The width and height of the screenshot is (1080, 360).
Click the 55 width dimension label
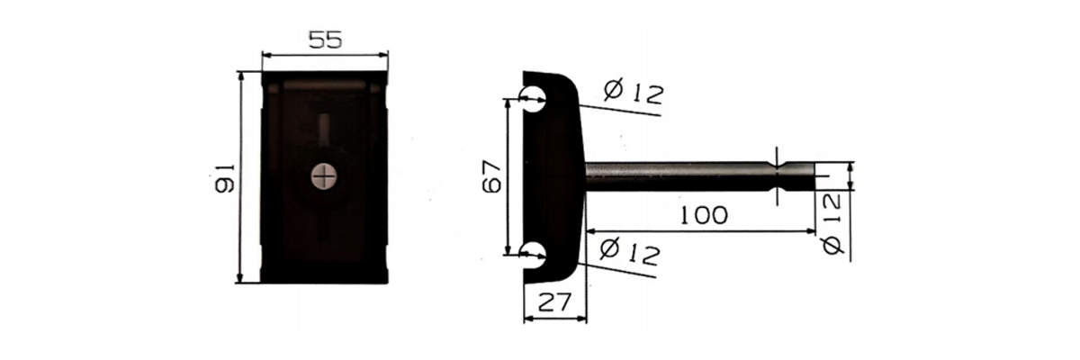(326, 40)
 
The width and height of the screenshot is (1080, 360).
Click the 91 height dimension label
(225, 178)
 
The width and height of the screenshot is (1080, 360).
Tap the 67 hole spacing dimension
(492, 177)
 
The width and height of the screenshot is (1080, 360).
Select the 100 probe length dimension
(704, 215)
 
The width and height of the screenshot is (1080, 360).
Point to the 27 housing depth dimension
(554, 302)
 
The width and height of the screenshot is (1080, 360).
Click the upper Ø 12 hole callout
(634, 92)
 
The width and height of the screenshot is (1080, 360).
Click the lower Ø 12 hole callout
(629, 253)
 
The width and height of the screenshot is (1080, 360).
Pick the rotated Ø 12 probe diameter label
(832, 223)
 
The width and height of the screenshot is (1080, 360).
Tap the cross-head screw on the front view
(324, 176)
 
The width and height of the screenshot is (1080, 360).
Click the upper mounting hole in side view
(534, 100)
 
